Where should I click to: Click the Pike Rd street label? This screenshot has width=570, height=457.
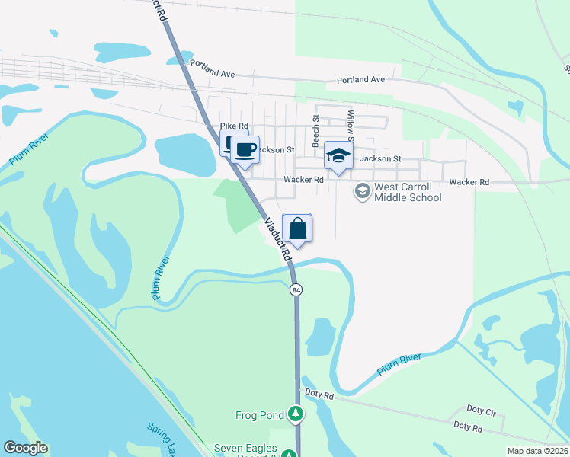[x=234, y=126]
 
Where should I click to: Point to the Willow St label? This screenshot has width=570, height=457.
[x=351, y=126]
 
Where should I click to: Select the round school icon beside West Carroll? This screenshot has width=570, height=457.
[x=362, y=190]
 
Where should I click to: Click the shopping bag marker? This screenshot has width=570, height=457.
[x=297, y=228]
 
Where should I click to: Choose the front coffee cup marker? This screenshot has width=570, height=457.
[x=245, y=150]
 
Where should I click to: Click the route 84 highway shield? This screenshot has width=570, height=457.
[x=296, y=290]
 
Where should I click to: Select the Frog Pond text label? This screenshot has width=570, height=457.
[x=259, y=415]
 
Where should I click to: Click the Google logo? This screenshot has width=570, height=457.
[x=26, y=448]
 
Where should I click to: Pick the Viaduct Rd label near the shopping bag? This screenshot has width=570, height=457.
[x=279, y=240]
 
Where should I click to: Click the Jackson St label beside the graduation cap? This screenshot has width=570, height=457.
[x=380, y=158]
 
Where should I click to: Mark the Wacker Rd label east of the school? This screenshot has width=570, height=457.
[x=469, y=182]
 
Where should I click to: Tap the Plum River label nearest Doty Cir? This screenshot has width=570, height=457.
[x=399, y=364]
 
